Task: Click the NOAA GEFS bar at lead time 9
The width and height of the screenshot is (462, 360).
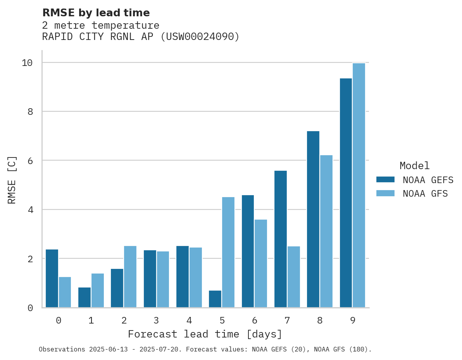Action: pos(346,193)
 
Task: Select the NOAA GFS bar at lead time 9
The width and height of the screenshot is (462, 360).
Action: pos(359,185)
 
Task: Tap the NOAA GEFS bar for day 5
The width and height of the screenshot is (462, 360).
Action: pos(215,299)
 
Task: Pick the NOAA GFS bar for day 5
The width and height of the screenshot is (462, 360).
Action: pos(228,252)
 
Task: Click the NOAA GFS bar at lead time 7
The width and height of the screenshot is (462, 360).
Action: pos(294,277)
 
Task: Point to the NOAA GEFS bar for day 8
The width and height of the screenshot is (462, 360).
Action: pos(313,219)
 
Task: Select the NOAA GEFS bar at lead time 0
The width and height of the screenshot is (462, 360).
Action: pos(52,278)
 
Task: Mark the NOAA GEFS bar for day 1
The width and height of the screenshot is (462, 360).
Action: pos(84,297)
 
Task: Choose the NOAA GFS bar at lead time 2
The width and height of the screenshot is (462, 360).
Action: pos(130,277)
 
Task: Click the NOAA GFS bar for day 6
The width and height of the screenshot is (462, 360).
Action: pos(261,263)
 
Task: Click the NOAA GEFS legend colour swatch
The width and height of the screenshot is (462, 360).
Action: pos(385,180)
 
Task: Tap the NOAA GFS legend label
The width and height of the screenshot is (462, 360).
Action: pos(425,194)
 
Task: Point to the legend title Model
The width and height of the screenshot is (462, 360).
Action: pos(415,166)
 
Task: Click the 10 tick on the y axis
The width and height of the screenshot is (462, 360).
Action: pos(27,63)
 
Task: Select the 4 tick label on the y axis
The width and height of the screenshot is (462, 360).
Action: pos(30,210)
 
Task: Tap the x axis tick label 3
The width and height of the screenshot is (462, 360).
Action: pos(156,320)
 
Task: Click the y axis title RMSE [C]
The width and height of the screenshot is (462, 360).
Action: pos(12,180)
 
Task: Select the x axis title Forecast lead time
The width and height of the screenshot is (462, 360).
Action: pos(205,334)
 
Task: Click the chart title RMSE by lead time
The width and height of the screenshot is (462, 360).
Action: pos(96,13)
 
